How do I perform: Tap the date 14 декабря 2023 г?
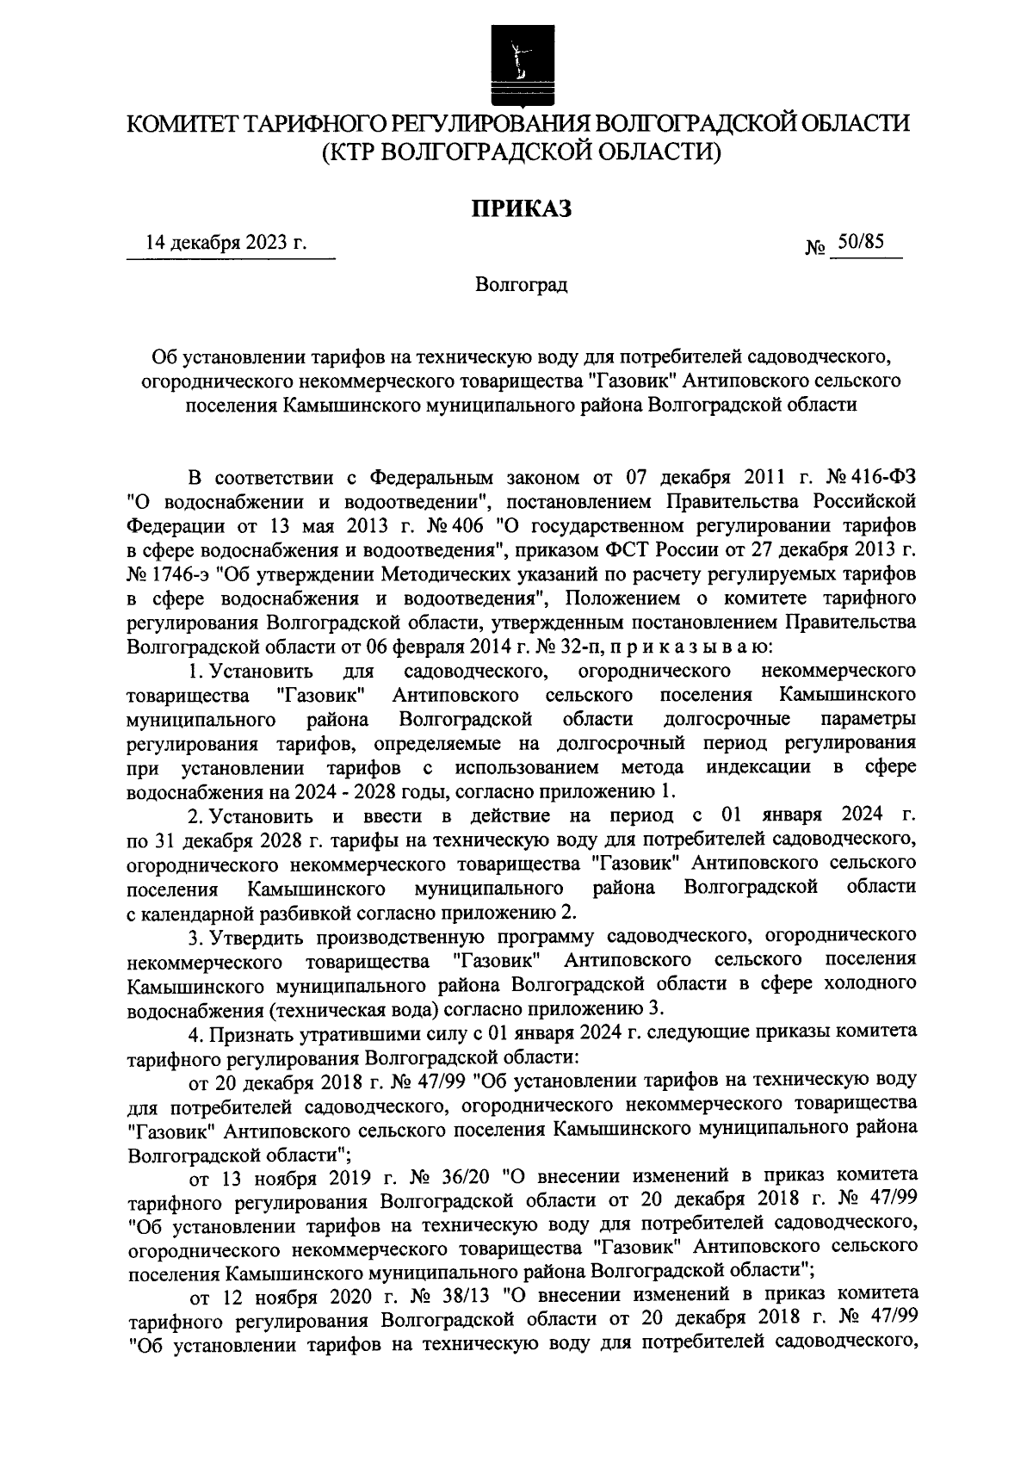[227, 244]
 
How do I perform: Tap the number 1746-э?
[189, 573]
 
